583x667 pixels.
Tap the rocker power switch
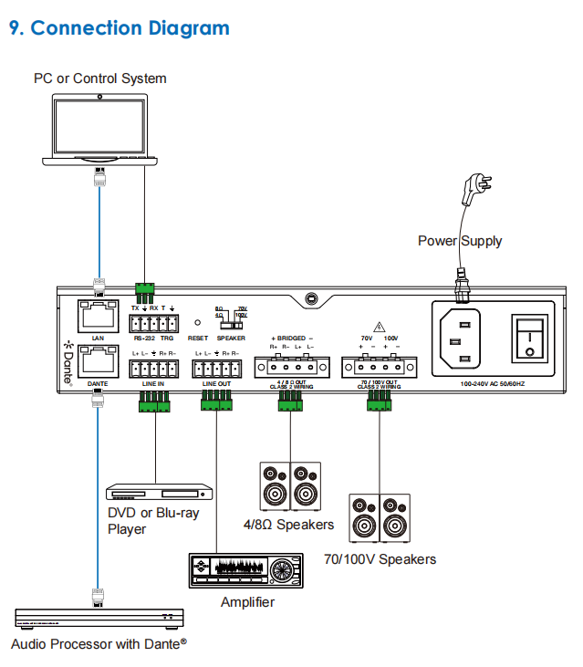click(x=528, y=339)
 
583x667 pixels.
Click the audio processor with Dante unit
click(x=99, y=619)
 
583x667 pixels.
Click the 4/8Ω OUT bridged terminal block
click(x=291, y=368)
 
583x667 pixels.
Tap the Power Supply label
click(x=460, y=241)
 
